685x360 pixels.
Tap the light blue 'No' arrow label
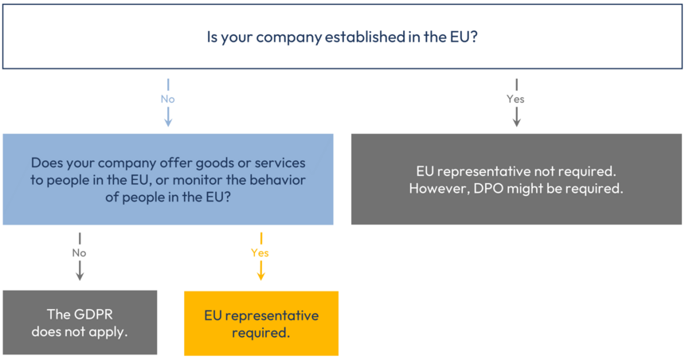coord(167,100)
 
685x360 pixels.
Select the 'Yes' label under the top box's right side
coord(516,100)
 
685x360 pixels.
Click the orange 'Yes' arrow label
coord(260,253)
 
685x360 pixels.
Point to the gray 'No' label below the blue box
coord(79,253)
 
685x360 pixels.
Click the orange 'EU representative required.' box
coord(261,323)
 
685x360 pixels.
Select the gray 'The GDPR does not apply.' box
coord(80,323)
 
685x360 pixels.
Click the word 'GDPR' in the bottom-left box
coord(100,314)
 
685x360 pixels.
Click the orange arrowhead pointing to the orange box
coord(260,275)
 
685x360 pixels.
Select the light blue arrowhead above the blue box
coord(167,121)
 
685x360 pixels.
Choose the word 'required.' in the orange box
coord(261,332)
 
